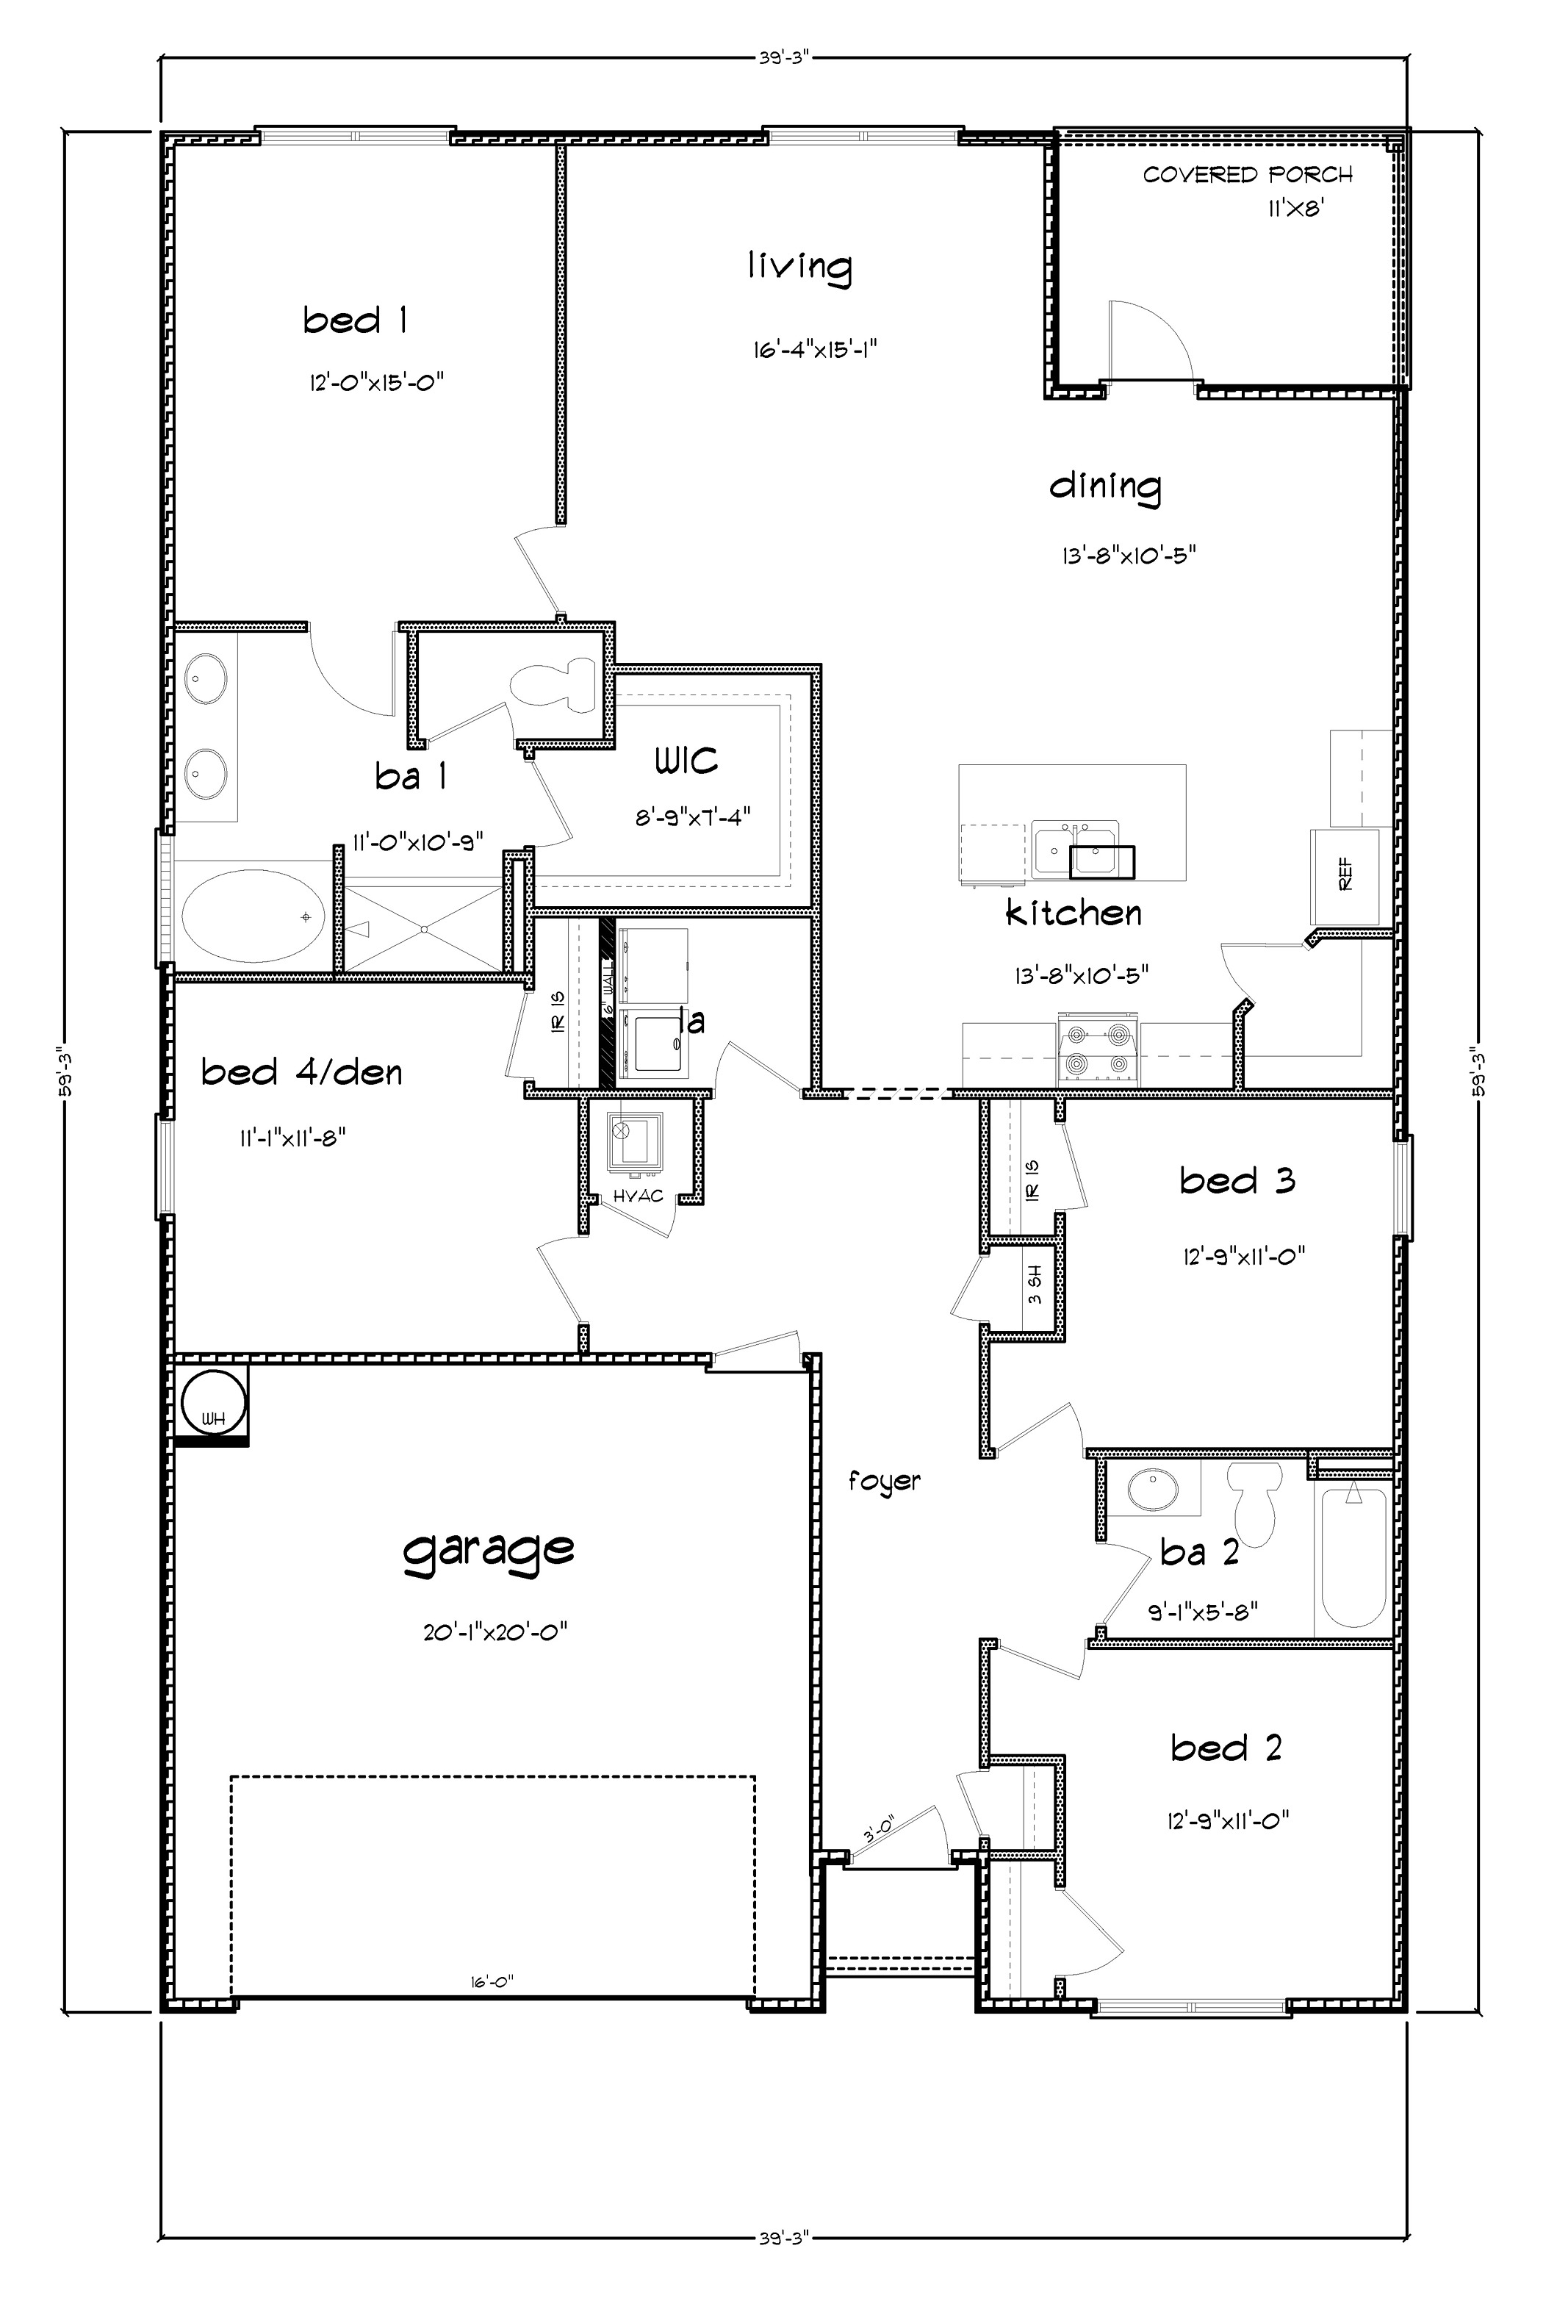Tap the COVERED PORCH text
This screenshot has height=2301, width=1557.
click(x=1247, y=175)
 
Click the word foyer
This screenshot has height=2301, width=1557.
click(x=884, y=1481)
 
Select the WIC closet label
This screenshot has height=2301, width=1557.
click(x=686, y=761)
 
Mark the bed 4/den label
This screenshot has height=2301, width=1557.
click(x=302, y=1072)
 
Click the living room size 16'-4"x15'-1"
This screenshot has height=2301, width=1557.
click(x=816, y=350)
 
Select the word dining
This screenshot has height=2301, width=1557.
click(x=1104, y=487)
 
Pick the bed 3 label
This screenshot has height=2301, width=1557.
click(x=1237, y=1180)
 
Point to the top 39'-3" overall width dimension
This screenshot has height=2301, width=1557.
click(x=785, y=57)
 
